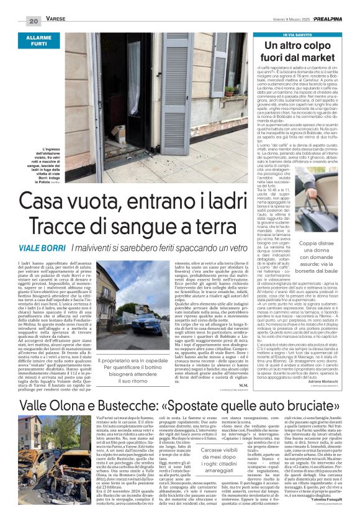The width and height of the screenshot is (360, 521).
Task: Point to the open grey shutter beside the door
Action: point(176,93)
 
